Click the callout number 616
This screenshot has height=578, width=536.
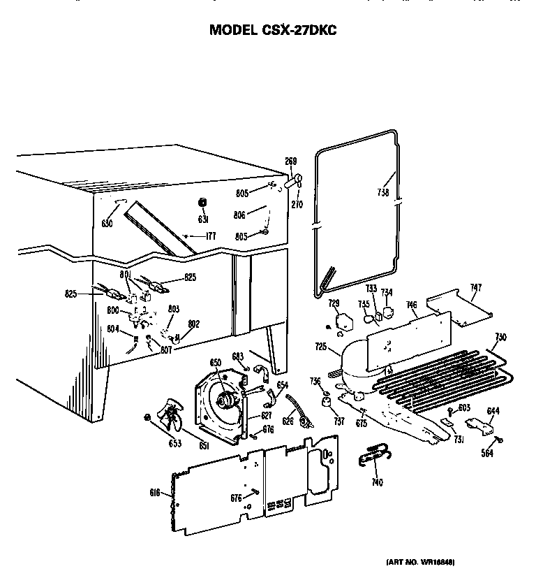click(156, 493)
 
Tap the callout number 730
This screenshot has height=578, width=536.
click(500, 337)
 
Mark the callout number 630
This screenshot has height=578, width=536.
click(107, 224)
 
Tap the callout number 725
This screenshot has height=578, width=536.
click(320, 347)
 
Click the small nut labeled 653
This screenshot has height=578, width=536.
click(147, 418)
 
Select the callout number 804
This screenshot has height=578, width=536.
click(112, 328)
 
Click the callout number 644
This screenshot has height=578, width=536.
click(493, 410)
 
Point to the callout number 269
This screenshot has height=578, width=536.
click(291, 161)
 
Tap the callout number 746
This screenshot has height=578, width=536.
click(412, 305)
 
